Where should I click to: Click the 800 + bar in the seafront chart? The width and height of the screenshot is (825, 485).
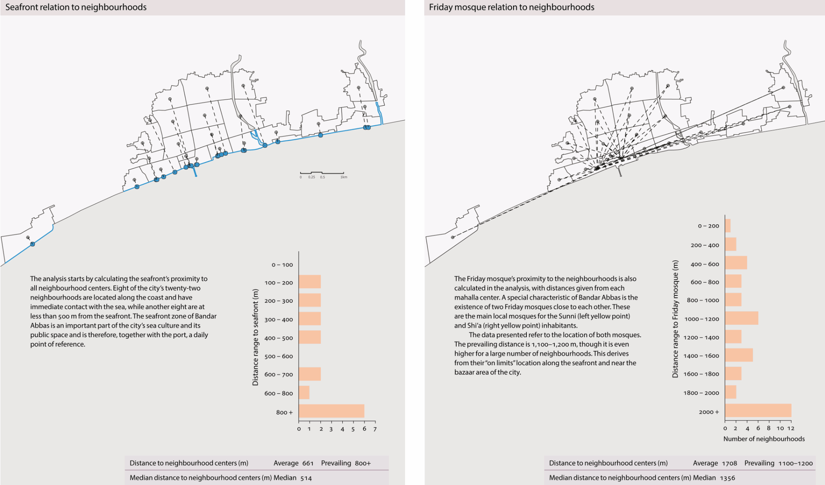331,411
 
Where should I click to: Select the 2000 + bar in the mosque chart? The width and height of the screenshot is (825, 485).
758,411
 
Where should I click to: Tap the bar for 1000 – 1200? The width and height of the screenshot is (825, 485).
741,318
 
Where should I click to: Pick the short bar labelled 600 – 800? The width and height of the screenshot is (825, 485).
304,392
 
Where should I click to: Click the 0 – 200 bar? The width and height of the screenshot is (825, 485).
728,226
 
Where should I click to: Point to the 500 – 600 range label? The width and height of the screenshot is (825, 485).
278,356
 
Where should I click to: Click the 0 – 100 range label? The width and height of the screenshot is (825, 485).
282,265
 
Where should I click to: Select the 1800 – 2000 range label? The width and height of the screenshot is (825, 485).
701,393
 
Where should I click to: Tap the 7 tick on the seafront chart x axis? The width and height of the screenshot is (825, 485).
375,429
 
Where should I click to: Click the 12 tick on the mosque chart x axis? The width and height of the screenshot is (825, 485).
790,428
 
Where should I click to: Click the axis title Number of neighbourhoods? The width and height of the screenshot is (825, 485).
764,439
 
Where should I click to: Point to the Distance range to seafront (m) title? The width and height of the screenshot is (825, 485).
255,337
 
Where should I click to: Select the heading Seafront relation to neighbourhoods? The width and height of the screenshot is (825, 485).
76,7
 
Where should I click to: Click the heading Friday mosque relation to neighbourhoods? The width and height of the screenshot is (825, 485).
511,7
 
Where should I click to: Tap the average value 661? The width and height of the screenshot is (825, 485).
308,463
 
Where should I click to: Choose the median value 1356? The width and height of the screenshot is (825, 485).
727,478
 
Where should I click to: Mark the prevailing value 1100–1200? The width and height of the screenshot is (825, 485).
795,463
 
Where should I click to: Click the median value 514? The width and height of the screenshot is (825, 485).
306,478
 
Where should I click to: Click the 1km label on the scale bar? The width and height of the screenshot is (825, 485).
344,177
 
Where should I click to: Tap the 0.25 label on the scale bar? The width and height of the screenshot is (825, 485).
311,177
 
